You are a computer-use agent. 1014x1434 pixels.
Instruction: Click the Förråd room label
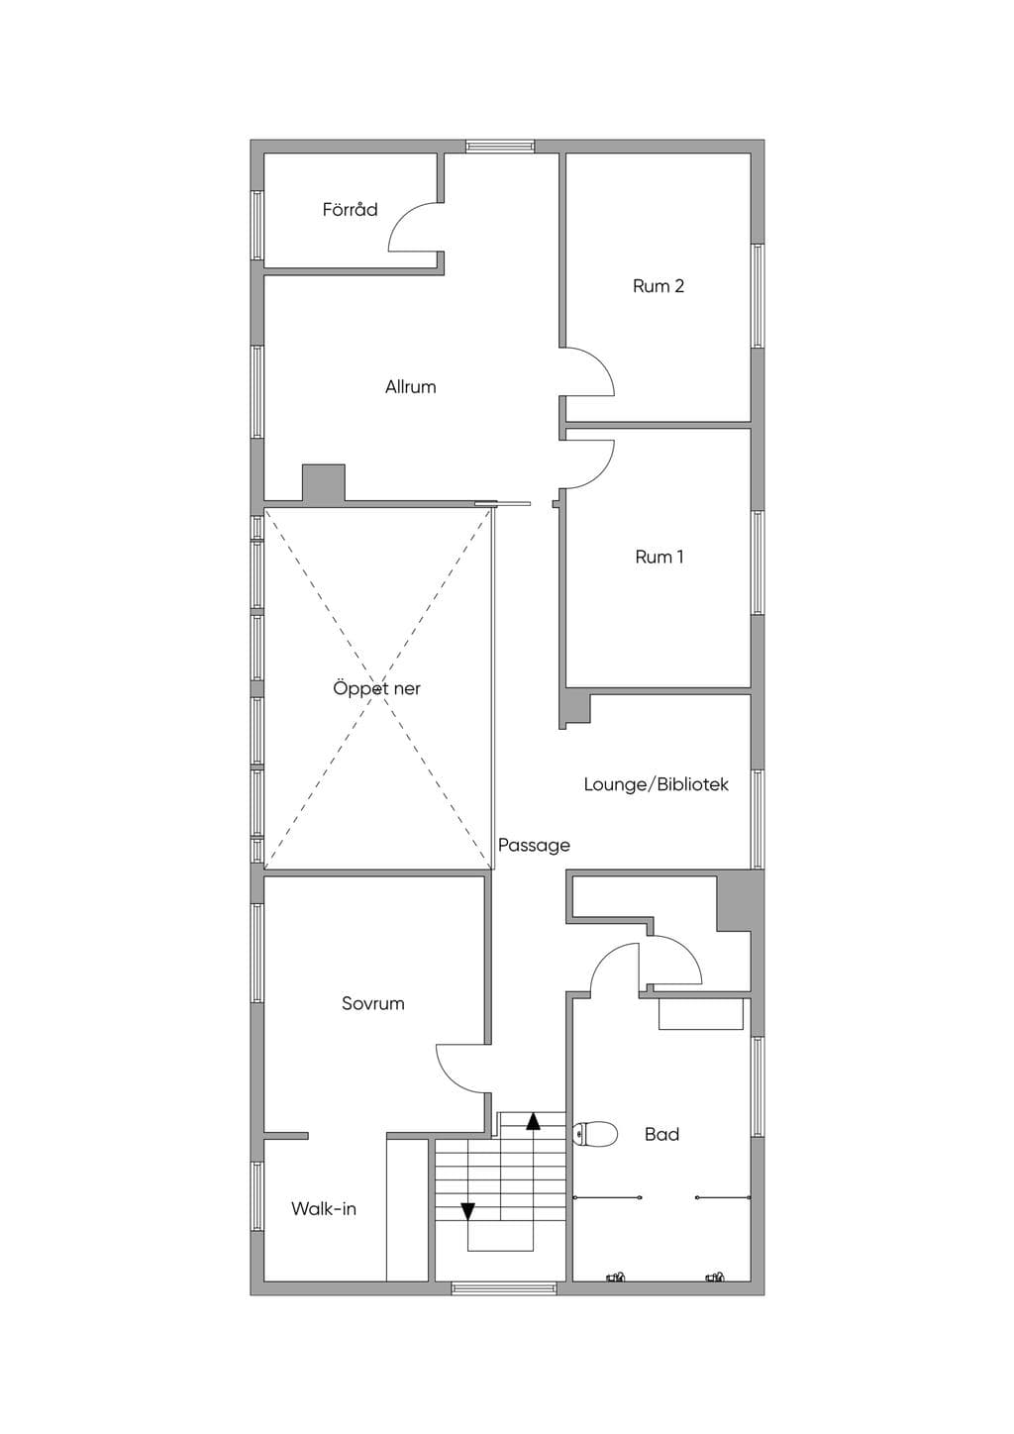coord(350,209)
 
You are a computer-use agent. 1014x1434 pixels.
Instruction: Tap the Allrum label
coord(410,386)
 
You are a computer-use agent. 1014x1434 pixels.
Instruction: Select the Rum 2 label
coord(659,285)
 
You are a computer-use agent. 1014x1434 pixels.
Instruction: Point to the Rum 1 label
coord(659,557)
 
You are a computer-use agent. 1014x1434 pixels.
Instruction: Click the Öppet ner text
coord(376,688)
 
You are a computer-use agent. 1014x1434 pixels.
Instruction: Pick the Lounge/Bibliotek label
coord(657,784)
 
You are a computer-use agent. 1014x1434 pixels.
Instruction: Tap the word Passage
coord(534,845)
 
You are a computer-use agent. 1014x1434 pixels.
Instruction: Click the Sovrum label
coord(372,1003)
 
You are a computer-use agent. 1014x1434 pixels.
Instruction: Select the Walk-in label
coord(323,1208)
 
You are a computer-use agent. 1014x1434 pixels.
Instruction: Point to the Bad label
coord(661,1134)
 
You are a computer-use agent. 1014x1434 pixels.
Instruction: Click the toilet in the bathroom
coord(595,1134)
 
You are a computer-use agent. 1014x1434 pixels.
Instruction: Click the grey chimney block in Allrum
coord(323,482)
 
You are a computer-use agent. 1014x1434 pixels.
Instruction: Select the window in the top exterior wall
coord(500,146)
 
